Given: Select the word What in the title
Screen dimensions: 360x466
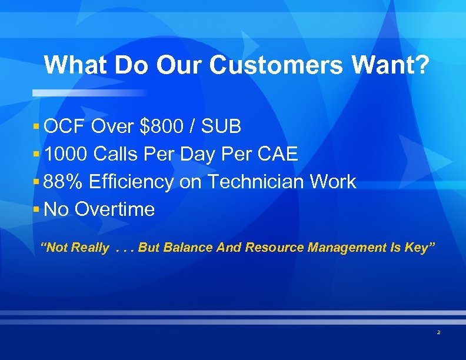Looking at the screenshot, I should coord(76,65).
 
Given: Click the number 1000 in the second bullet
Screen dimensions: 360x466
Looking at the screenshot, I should coord(66,154).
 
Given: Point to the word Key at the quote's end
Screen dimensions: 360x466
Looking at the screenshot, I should coord(419,248).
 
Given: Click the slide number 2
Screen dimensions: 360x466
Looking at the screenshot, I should coord(438,333).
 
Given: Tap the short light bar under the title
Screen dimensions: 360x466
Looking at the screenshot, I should coord(88,93).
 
